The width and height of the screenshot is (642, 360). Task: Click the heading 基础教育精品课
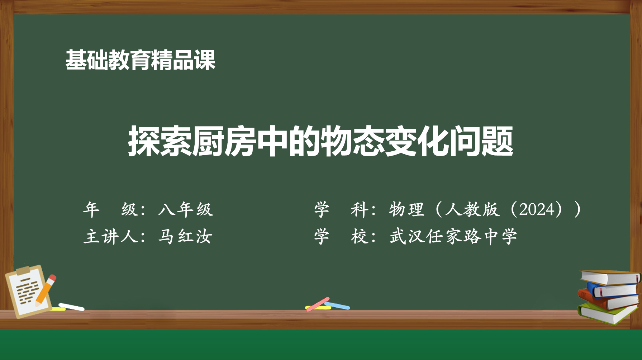[140, 60]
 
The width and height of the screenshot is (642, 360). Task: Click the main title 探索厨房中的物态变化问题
[321, 141]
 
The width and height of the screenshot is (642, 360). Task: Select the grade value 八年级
[186, 209]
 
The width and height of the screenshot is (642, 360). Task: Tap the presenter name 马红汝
[185, 237]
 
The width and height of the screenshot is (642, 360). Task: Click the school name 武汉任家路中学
[453, 237]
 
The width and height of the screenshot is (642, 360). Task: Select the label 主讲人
[111, 237]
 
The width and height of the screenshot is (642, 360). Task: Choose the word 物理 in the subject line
[407, 209]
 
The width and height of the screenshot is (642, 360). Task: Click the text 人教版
[472, 209]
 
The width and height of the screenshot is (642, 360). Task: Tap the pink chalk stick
[318, 304]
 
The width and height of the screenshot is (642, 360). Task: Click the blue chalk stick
[337, 305]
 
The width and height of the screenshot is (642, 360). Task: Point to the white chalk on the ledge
[71, 307]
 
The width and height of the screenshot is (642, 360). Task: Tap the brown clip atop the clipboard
[23, 270]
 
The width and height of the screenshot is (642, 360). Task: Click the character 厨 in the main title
[208, 141]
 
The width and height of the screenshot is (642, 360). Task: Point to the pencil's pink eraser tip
[52, 278]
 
